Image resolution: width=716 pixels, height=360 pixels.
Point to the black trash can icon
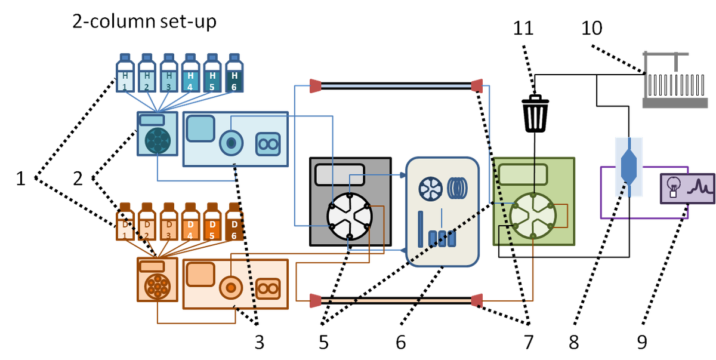[535, 113]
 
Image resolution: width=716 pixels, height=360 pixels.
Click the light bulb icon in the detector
[674, 186]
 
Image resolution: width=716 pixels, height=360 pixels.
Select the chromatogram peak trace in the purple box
[699, 188]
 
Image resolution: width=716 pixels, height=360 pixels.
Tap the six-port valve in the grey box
[349, 216]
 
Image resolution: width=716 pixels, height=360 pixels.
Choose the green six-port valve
[534, 215]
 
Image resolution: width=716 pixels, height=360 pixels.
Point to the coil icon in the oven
[458, 188]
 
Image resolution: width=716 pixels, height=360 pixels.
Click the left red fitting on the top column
[314, 86]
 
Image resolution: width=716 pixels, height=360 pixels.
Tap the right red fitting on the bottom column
[477, 300]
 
